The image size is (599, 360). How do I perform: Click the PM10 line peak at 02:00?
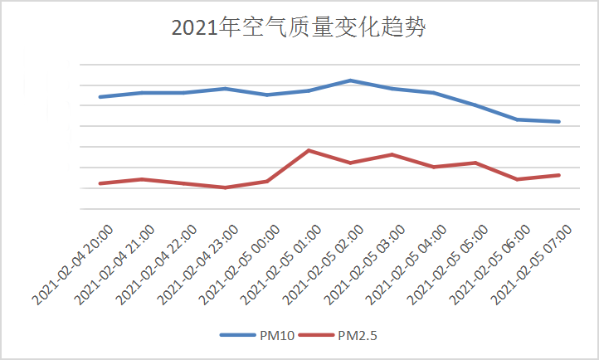(x=351, y=80)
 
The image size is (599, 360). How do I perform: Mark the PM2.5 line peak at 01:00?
(x=309, y=150)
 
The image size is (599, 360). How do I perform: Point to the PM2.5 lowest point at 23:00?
(x=226, y=187)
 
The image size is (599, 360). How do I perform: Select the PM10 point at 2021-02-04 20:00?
(x=100, y=97)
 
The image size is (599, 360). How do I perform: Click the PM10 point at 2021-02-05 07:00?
(x=559, y=122)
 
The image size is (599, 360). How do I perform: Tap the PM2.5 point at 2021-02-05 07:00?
(x=559, y=175)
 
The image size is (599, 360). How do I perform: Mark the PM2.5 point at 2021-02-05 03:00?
(x=392, y=154)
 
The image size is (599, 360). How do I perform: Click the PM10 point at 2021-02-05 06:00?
(x=518, y=119)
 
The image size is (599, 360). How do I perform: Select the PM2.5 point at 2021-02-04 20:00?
(x=100, y=183)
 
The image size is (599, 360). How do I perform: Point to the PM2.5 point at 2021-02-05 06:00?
(x=518, y=179)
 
